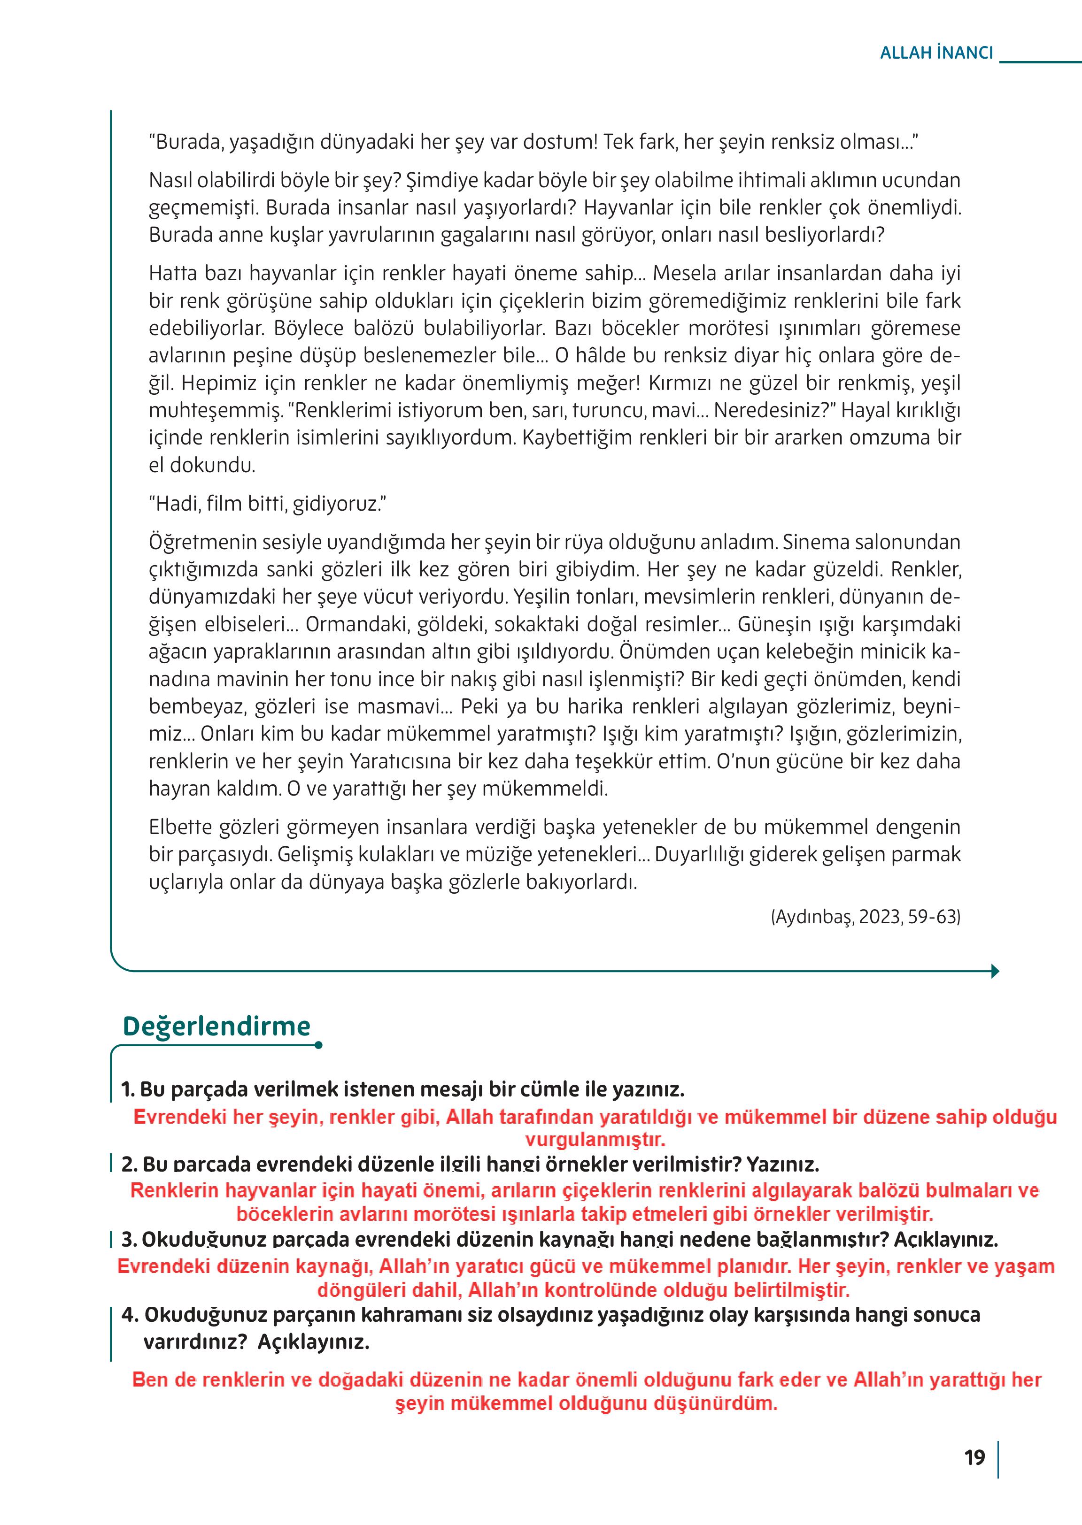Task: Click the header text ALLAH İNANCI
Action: click(x=936, y=53)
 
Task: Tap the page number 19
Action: click(x=974, y=1458)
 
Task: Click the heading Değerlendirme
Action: click(x=216, y=1026)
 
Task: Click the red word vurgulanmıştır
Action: click(x=595, y=1140)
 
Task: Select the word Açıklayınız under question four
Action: click(x=313, y=1342)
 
